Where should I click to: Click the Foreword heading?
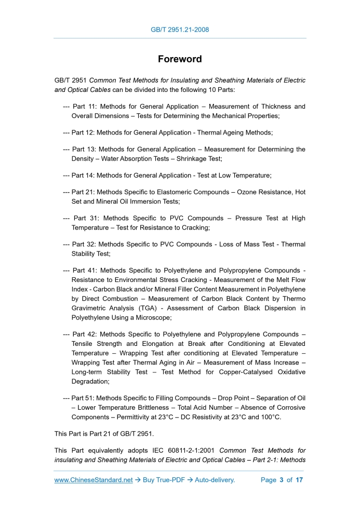(x=180, y=59)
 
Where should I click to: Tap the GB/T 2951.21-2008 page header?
(x=180, y=30)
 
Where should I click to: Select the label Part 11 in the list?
(x=83, y=106)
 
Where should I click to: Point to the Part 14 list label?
(x=83, y=176)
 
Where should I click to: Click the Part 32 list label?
(x=83, y=244)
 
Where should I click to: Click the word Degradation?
(x=90, y=381)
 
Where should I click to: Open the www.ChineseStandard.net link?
(x=94, y=480)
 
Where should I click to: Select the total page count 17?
(x=299, y=480)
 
